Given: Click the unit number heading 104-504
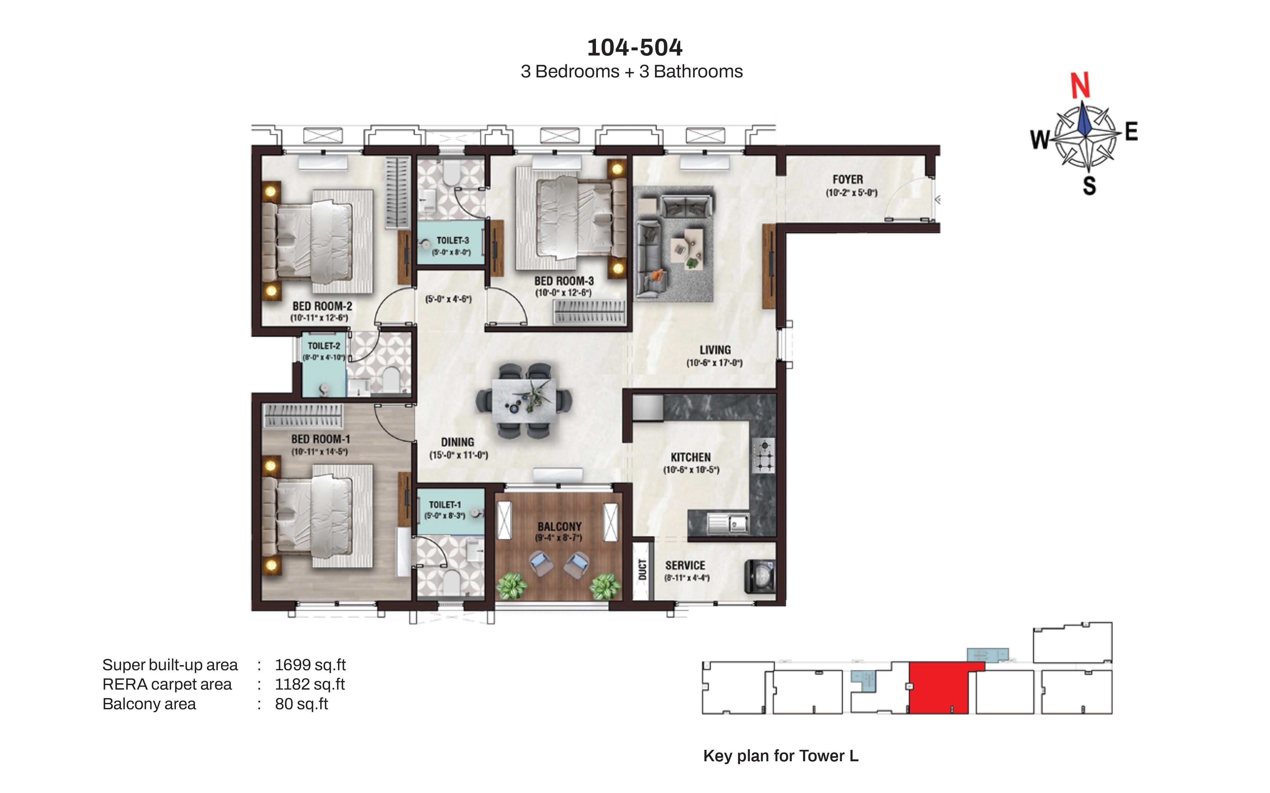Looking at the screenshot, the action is [x=634, y=47].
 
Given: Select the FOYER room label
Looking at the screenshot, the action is [x=847, y=179].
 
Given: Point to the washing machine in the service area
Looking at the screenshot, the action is [x=760, y=576].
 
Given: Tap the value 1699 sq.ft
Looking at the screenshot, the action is [x=310, y=665].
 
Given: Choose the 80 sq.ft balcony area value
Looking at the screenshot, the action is [x=301, y=704].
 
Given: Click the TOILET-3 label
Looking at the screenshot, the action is [x=452, y=240].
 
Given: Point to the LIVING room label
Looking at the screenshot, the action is [x=715, y=350].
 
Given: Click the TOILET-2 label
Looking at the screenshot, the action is [x=324, y=346].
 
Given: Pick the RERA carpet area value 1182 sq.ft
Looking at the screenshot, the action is [x=310, y=685].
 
